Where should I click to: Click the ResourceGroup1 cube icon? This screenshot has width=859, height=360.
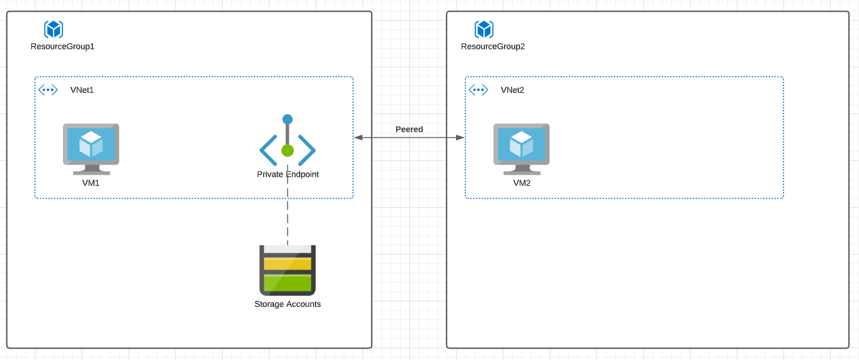54,29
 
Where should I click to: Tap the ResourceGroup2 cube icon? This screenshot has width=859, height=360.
484,29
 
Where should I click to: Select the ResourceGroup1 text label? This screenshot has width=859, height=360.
62,46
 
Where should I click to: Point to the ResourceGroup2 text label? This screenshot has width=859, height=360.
493,46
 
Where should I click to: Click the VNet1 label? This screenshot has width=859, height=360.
82,90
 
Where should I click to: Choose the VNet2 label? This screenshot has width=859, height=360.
512,90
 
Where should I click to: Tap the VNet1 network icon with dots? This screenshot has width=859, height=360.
48,90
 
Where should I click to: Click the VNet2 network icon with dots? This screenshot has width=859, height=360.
478,90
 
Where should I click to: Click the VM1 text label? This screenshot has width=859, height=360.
90,183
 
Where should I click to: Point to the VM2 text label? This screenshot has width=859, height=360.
522,183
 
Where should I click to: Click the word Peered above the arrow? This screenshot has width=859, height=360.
409,129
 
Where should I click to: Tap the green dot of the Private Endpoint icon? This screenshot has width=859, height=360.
288,150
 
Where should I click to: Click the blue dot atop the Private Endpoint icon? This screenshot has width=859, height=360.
288,119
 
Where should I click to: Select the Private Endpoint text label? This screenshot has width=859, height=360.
288,174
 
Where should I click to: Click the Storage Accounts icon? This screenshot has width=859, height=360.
288,270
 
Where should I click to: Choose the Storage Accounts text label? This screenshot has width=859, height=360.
288,304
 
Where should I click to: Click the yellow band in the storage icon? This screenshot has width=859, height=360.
288,264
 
